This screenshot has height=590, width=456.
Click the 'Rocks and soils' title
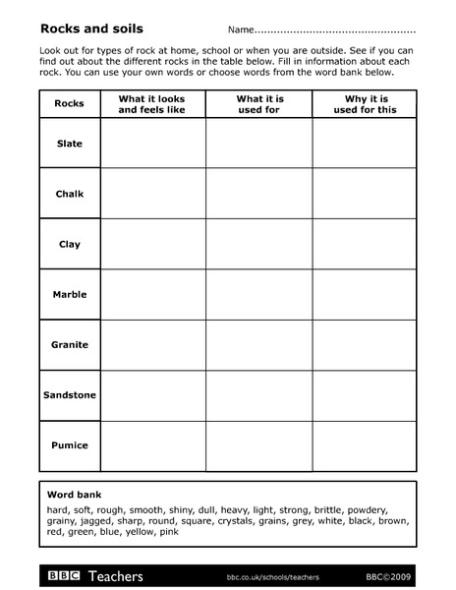click(81, 29)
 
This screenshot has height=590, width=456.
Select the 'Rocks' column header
click(70, 103)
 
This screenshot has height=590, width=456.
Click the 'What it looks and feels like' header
click(151, 104)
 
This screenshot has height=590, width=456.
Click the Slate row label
click(70, 144)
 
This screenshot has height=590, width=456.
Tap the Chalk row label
click(70, 194)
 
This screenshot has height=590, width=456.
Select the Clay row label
click(70, 244)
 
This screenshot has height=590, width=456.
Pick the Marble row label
click(70, 294)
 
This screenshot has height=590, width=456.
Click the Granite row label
click(70, 344)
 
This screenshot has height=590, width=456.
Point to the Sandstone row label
click(70, 395)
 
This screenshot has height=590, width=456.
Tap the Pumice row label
click(70, 445)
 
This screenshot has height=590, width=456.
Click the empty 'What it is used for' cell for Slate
click(258, 144)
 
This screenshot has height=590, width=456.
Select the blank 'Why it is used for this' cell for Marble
click(364, 294)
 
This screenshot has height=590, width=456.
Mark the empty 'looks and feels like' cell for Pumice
click(152, 445)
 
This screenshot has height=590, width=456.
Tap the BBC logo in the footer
click(61, 575)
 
